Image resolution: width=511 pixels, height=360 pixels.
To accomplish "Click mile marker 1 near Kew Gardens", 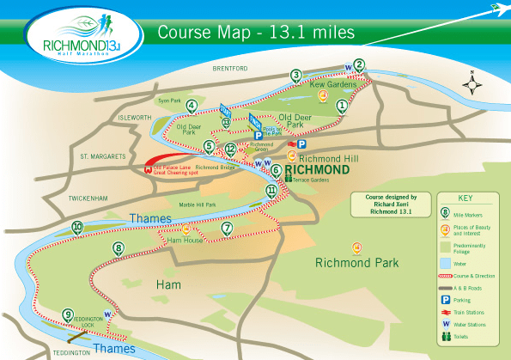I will point(342,107).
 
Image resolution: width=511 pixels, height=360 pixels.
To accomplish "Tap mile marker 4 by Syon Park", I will point(191,107).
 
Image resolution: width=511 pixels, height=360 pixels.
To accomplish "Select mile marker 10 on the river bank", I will point(77,228).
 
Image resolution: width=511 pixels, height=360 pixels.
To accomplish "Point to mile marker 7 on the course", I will point(227,228).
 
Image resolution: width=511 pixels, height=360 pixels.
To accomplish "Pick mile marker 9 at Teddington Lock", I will point(68,314).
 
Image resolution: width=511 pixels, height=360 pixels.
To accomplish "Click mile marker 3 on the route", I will point(296,76).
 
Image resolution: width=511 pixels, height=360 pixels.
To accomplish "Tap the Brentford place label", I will point(228,67).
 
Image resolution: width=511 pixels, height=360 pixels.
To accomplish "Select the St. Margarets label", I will point(103,156).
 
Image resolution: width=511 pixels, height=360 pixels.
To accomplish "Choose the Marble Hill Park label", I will point(198,204).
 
